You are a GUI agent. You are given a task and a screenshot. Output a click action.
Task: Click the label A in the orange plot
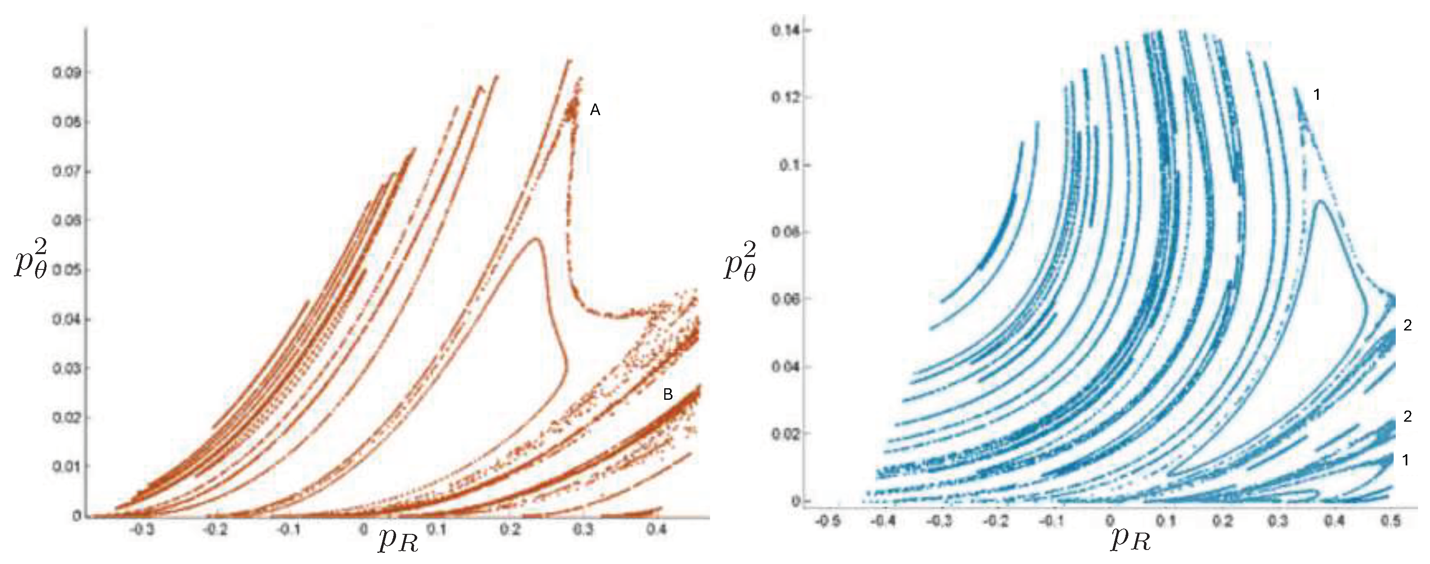(x=595, y=111)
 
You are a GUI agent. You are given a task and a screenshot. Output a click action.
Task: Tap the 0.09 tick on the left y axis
(x=66, y=73)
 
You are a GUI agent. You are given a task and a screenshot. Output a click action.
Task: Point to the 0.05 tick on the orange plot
(x=66, y=270)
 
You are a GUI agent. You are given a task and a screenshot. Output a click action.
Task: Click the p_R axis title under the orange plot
(x=398, y=540)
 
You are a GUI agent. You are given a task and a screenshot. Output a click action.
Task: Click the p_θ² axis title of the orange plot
(x=31, y=261)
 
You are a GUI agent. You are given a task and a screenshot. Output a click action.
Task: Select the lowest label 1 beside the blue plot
(x=1406, y=460)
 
